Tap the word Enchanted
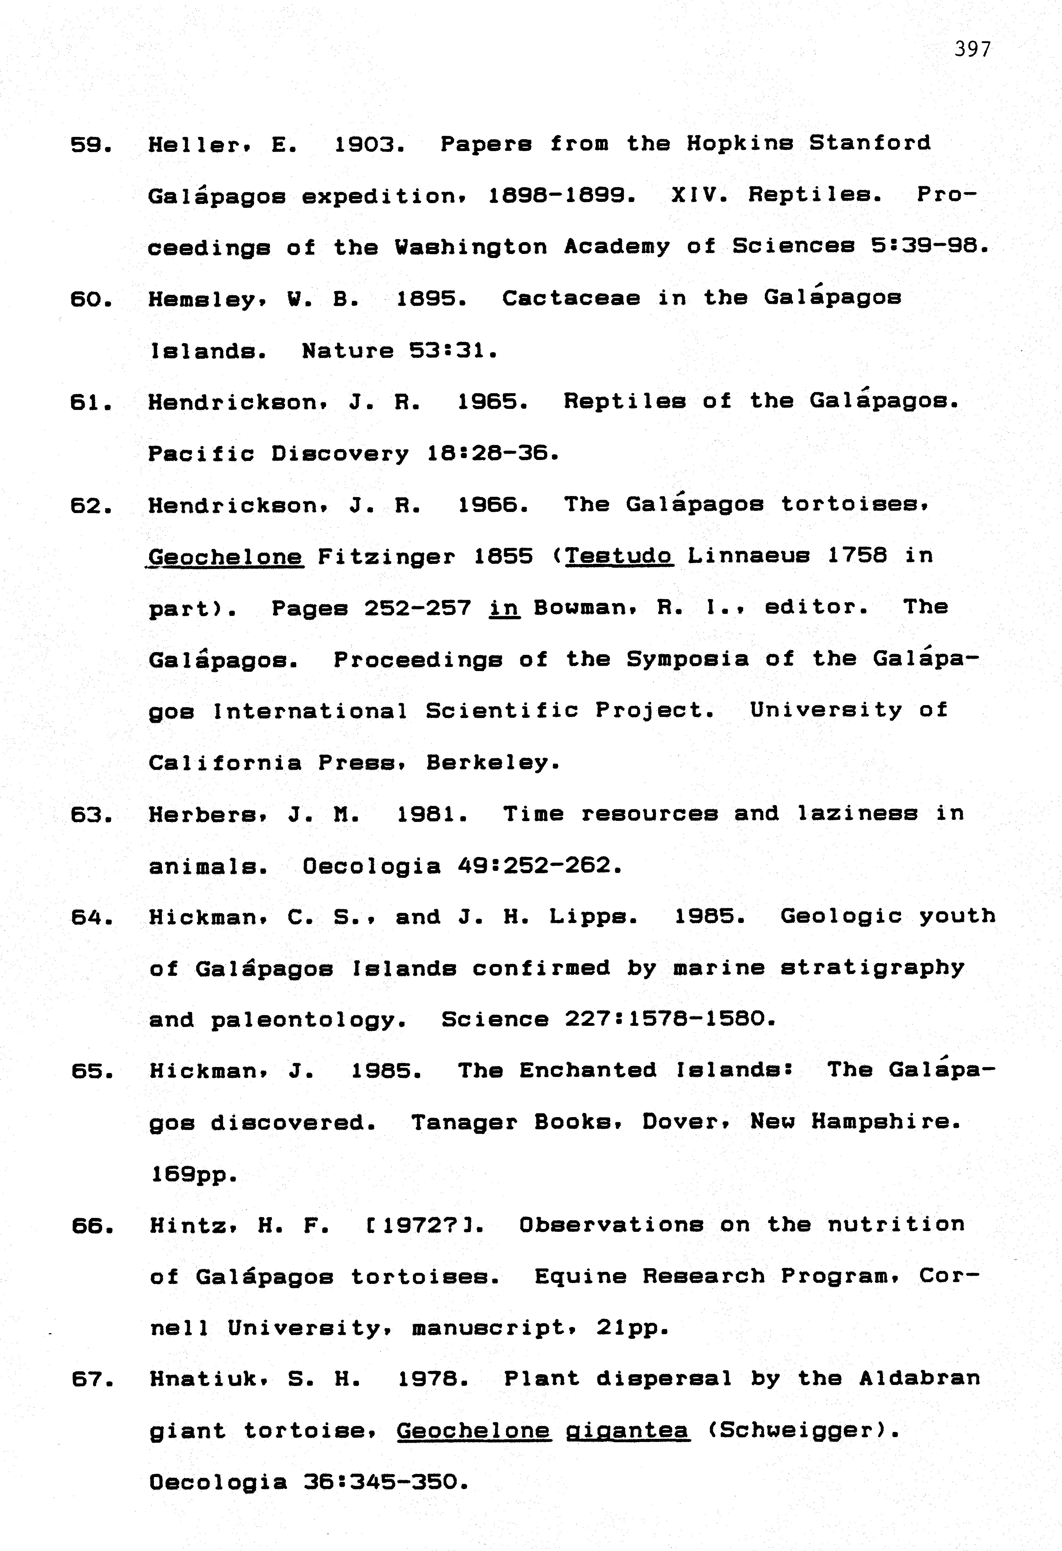[588, 1070]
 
